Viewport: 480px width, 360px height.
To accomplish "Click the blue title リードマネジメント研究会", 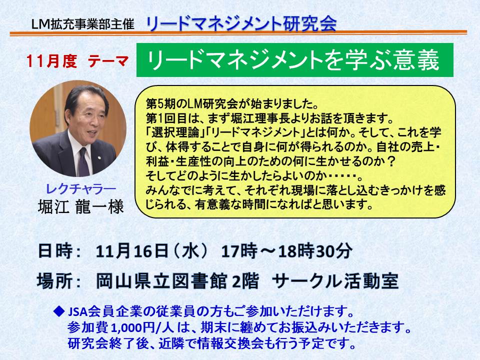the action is coord(241,23).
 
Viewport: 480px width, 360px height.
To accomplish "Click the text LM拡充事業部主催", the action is coord(82,24).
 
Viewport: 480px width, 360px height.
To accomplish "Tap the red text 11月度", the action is coord(51,60).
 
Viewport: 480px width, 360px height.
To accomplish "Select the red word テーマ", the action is coord(108,61).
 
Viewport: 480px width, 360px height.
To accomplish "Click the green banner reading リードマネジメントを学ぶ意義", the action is coord(294,60).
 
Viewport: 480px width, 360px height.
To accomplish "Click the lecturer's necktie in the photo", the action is coord(83,161).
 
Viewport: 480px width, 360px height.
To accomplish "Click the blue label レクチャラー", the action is coord(81,189).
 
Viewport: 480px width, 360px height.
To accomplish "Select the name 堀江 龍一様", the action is coord(81,206).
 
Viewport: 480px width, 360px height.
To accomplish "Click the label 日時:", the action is coord(59,251).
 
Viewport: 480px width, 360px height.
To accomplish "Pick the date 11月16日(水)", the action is coord(152,251).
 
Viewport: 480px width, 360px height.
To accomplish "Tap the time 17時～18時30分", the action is coord(286,251).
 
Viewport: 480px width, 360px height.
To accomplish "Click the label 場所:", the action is coord(59,280).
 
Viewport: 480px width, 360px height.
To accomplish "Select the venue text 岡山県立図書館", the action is coord(161,281).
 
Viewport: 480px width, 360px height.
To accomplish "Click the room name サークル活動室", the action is coord(335,281).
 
